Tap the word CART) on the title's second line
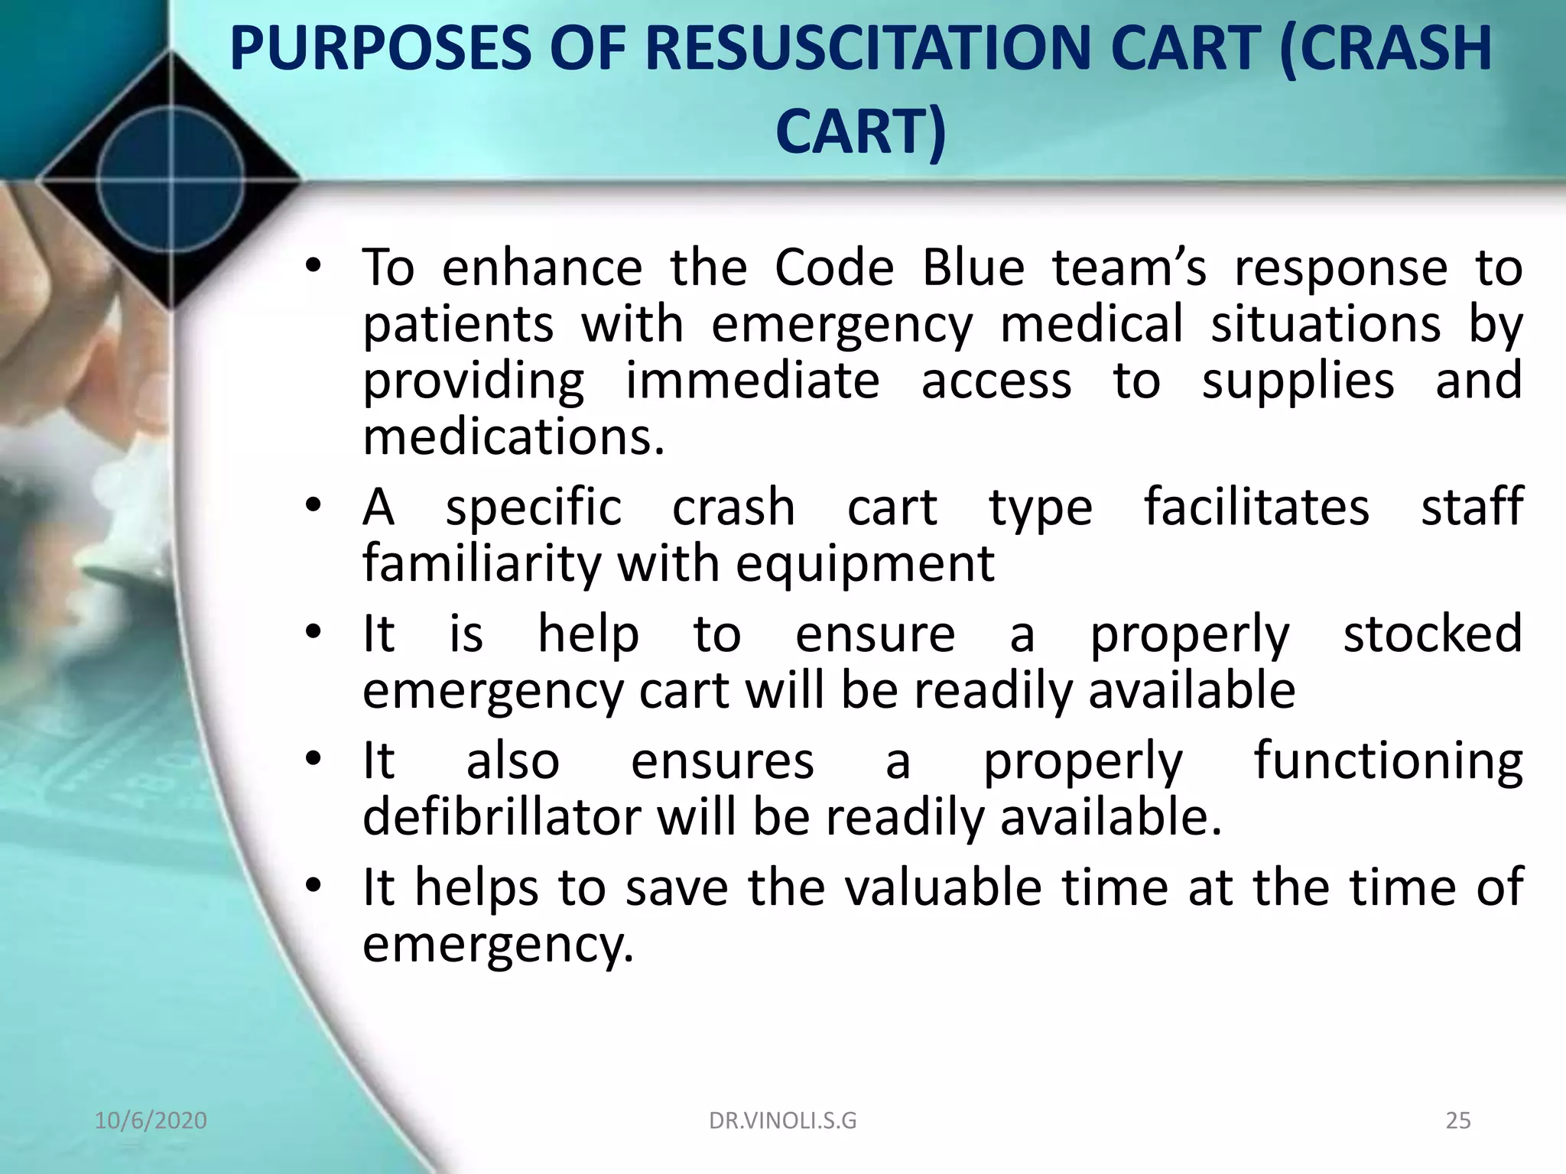click(x=861, y=131)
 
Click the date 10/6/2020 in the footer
click(x=151, y=1120)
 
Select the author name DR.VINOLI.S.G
click(x=782, y=1120)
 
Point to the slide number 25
click(x=1458, y=1120)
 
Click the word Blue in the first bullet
click(x=973, y=268)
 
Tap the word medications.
click(x=514, y=437)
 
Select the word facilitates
click(x=1256, y=507)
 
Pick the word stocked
click(x=1432, y=634)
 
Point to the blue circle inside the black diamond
click(x=171, y=182)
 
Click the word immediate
click(x=752, y=381)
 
